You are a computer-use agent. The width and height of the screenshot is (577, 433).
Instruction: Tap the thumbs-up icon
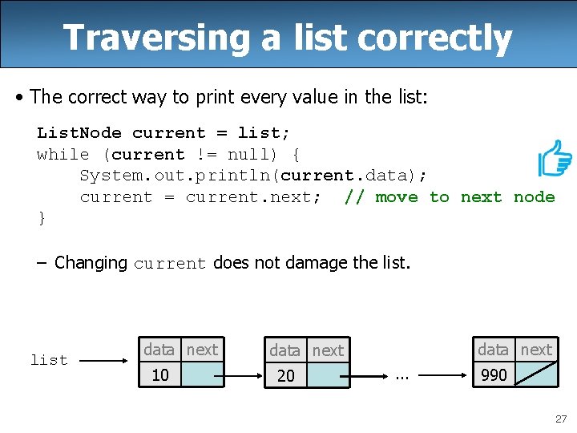554,158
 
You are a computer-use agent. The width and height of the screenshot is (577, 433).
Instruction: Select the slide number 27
559,418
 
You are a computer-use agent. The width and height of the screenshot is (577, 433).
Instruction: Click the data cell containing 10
160,374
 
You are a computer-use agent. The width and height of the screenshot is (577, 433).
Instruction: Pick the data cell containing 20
286,375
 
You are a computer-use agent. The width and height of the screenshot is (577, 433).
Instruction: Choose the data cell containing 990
494,374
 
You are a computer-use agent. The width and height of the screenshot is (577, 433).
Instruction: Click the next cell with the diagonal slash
535,374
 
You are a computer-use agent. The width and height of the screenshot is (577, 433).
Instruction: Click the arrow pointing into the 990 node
445,374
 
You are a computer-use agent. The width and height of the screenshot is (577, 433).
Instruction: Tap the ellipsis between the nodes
403,374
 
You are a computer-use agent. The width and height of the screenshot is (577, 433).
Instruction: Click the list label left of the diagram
49,360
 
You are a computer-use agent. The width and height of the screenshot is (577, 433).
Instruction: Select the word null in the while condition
248,154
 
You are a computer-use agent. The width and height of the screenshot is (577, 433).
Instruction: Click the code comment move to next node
450,197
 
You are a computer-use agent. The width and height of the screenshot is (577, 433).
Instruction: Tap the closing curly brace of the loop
42,218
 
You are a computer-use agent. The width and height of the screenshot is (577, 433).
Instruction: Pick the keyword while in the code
63,154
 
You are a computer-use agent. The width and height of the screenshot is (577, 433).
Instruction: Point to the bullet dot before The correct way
19,98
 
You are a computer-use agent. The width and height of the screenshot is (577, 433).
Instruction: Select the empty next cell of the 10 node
202,374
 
